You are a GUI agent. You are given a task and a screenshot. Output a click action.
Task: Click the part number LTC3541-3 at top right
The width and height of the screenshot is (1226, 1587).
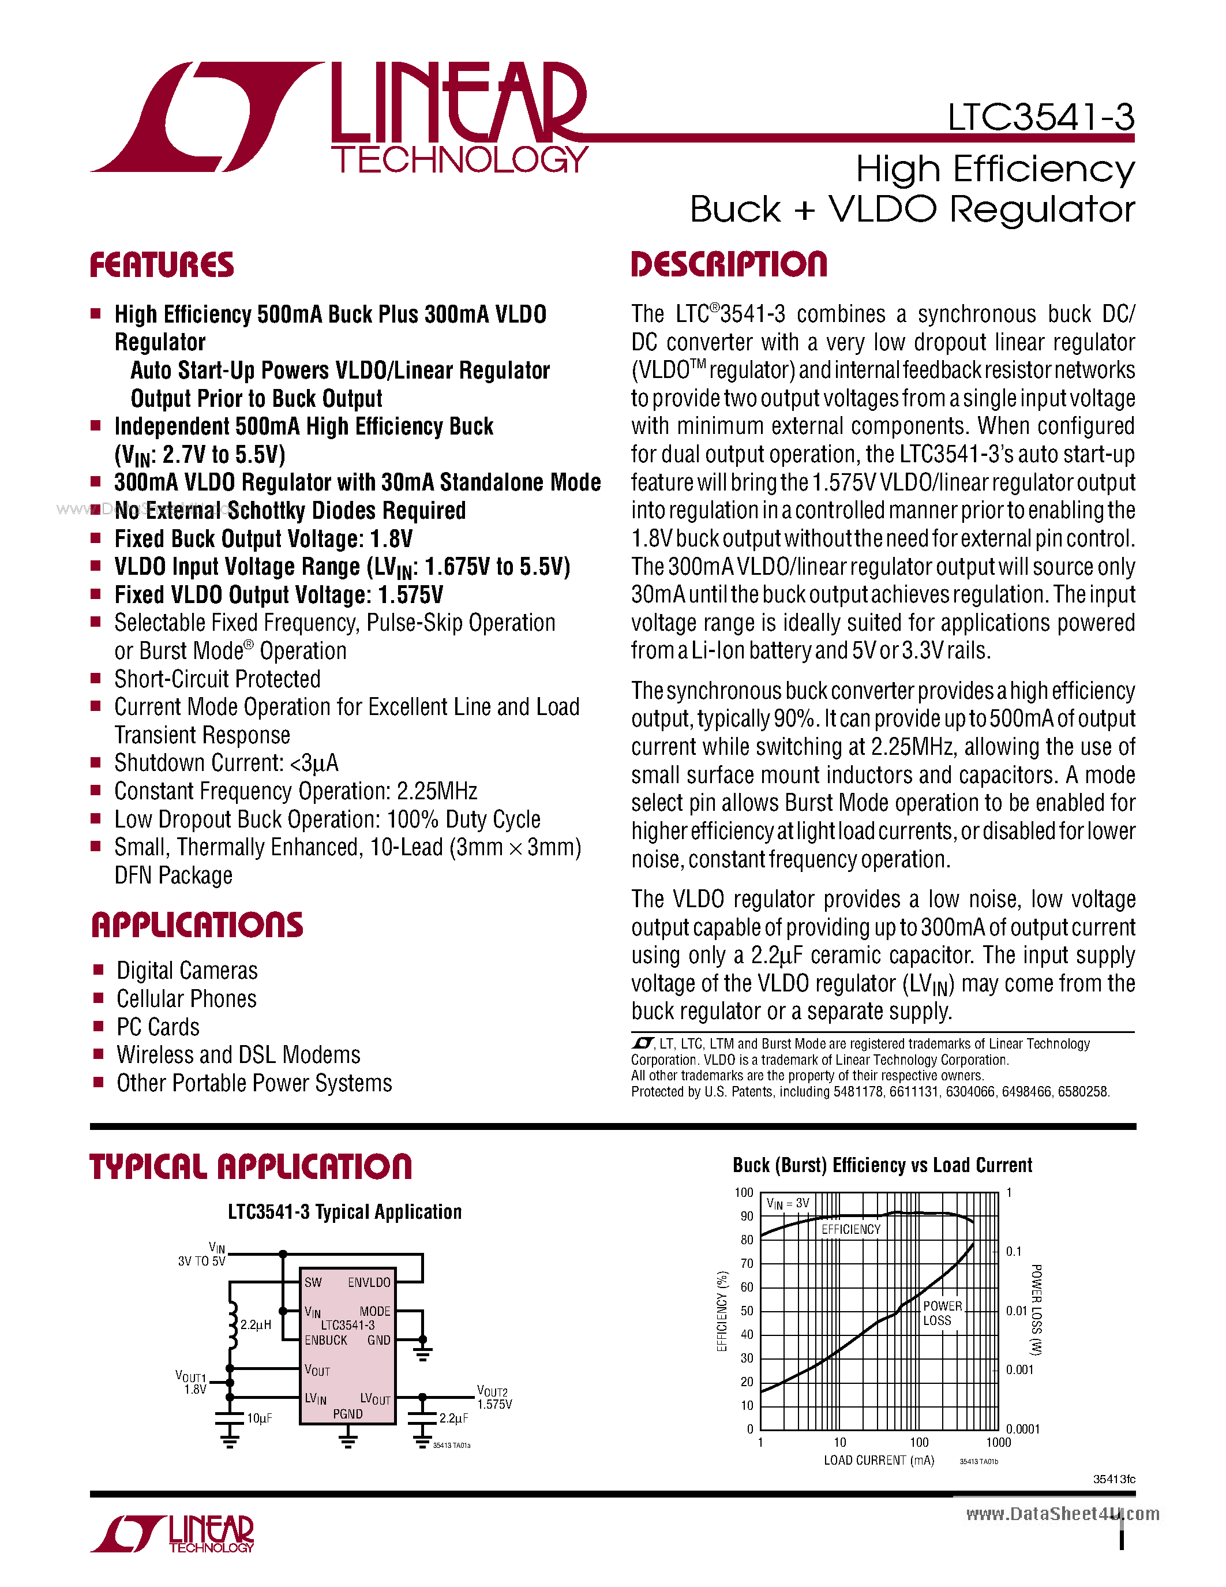[x=1040, y=117]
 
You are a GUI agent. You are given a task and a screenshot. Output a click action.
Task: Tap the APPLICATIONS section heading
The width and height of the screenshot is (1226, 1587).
[x=197, y=925]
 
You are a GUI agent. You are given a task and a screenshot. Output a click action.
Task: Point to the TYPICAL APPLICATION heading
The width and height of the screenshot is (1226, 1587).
[x=250, y=1166]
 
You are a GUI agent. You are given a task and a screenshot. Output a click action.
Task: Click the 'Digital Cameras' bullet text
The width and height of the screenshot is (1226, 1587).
[x=187, y=971]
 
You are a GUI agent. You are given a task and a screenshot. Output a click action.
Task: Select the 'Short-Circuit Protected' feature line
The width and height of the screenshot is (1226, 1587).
[x=217, y=679]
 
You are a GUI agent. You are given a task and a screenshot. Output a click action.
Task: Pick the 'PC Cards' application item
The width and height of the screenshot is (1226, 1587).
[x=158, y=1027]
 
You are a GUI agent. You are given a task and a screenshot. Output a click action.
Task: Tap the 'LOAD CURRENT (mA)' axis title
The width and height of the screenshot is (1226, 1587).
[x=878, y=1461]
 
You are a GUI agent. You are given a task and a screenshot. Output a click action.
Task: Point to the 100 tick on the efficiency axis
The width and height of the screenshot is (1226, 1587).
[x=744, y=1192]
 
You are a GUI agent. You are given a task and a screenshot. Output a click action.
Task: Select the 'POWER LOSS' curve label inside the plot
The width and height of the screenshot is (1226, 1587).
[x=942, y=1313]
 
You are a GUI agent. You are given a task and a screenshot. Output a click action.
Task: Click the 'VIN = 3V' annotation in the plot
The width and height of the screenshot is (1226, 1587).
[x=788, y=1203]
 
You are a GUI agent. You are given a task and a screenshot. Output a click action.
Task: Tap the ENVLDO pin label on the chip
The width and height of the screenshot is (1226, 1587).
[x=369, y=1282]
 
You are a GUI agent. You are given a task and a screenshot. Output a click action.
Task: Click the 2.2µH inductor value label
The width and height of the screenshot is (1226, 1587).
[x=256, y=1324]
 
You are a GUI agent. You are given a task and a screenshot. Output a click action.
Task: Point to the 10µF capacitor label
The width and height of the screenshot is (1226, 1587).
[x=259, y=1418]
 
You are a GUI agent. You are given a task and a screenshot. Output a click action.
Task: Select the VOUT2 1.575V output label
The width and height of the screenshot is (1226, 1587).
[x=494, y=1397]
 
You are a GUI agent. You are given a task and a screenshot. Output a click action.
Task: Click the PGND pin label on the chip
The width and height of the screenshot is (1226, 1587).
[x=348, y=1414]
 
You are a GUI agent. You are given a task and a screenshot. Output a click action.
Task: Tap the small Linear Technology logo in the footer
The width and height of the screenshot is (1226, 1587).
[x=173, y=1533]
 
